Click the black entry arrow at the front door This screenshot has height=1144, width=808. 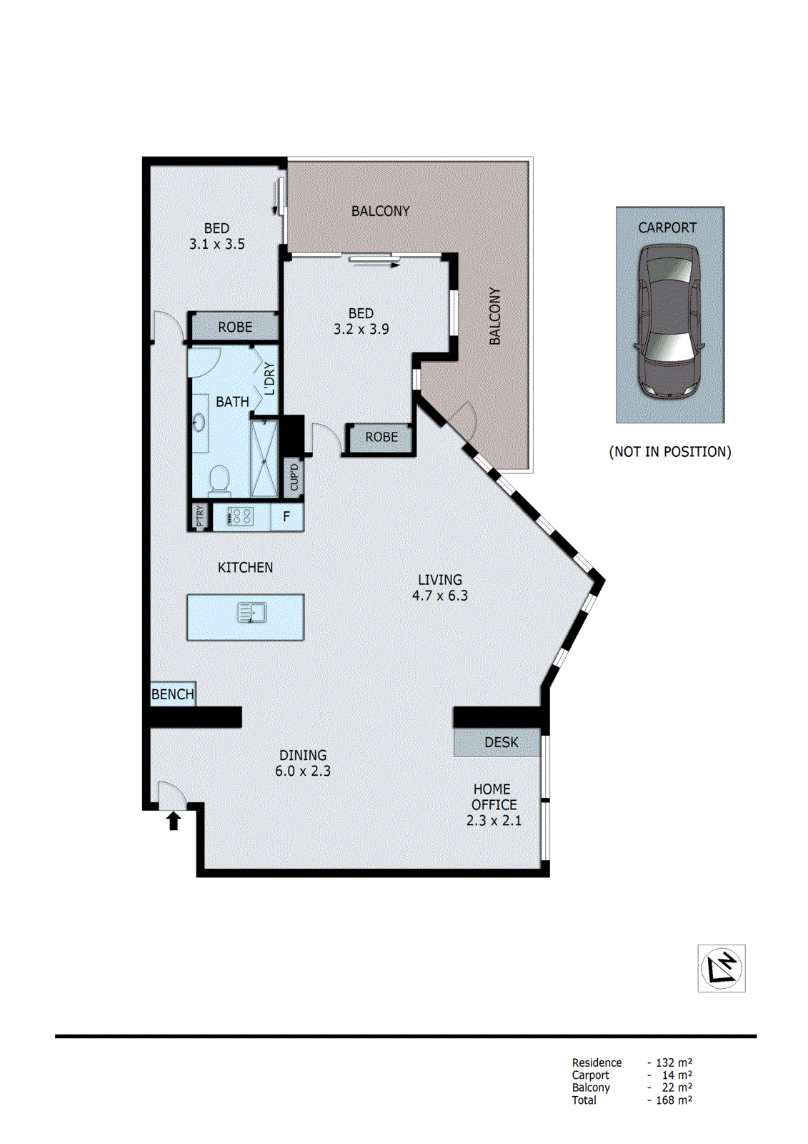click(x=173, y=820)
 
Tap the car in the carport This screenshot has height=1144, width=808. click(x=669, y=321)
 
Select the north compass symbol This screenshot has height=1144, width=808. click(x=722, y=968)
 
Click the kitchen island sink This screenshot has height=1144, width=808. click(x=252, y=613)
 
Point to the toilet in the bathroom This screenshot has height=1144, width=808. click(x=219, y=480)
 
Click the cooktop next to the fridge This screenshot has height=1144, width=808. click(x=240, y=516)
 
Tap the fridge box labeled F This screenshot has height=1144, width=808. click(x=286, y=516)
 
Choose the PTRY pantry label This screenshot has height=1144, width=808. click(x=200, y=516)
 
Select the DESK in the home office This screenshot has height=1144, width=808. click(x=500, y=742)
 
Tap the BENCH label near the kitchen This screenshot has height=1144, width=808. click(x=172, y=694)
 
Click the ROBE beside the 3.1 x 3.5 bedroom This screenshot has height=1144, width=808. click(x=235, y=327)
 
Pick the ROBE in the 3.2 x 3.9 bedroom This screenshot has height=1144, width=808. click(x=381, y=437)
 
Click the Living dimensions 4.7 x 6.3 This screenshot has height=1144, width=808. click(x=439, y=596)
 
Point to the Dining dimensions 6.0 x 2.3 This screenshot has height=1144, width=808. click(x=302, y=771)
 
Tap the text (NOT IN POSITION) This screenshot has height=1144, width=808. click(x=669, y=452)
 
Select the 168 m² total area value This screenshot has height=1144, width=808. click(x=673, y=1100)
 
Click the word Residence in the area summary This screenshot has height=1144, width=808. click(x=597, y=1062)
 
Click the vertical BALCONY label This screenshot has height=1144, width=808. click(x=494, y=316)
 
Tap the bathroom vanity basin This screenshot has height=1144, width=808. click(x=199, y=423)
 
